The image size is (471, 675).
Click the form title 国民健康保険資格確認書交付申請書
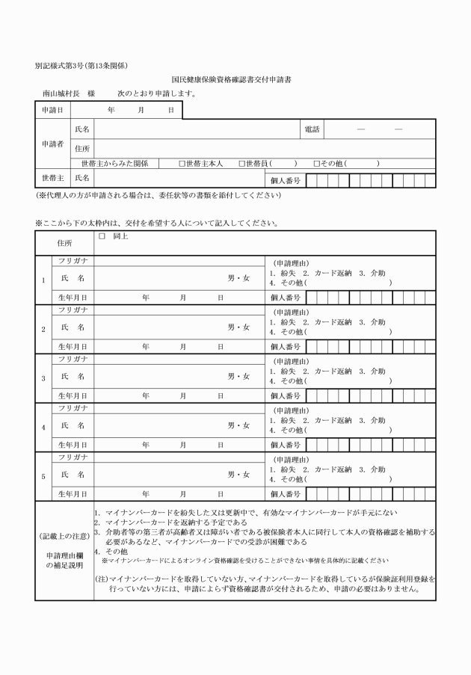point(235,79)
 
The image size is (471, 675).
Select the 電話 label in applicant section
point(312,129)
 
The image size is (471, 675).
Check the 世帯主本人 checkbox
point(182,163)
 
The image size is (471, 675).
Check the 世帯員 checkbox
point(241,163)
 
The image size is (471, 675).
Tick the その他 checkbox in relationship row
point(317,163)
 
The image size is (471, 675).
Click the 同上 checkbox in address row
point(102,235)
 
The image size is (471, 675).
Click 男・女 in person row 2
point(238,327)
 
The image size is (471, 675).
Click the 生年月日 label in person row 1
point(73,298)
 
